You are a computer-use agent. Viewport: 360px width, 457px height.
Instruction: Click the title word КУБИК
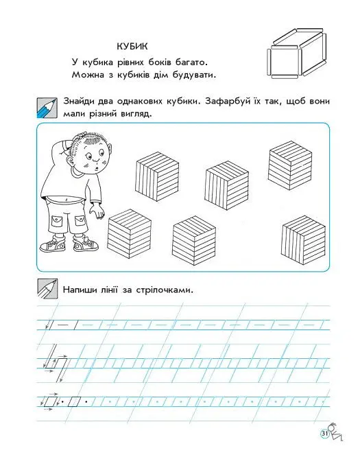coord(132,47)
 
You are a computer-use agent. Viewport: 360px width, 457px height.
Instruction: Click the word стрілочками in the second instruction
coord(165,290)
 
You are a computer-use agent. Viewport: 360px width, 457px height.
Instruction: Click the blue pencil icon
coord(47,108)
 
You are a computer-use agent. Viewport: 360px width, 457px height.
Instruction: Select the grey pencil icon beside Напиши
coord(47,288)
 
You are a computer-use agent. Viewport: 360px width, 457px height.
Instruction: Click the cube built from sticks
coord(296,54)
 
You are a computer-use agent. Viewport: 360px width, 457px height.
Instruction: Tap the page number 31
coord(324,434)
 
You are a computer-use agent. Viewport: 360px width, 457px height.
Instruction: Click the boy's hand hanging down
coord(97,211)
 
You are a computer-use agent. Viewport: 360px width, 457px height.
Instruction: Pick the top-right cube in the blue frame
coord(290,165)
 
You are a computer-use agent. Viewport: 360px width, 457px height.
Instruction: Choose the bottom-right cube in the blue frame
coord(303,240)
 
